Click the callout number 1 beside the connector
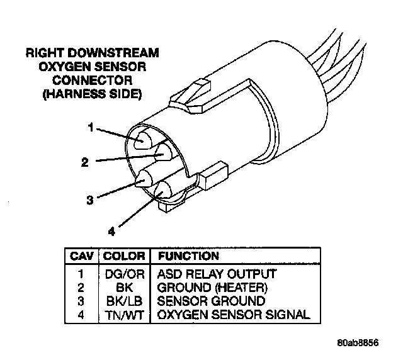91,127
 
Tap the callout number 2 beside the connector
84,162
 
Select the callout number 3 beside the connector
90,200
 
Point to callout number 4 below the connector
111,231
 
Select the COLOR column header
124,256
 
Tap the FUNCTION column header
188,256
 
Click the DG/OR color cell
124,274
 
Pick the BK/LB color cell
124,300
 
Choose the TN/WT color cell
124,313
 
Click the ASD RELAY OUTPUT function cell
217,274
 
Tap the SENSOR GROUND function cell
211,300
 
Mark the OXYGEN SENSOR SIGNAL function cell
233,313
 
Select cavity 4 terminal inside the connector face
164,190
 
